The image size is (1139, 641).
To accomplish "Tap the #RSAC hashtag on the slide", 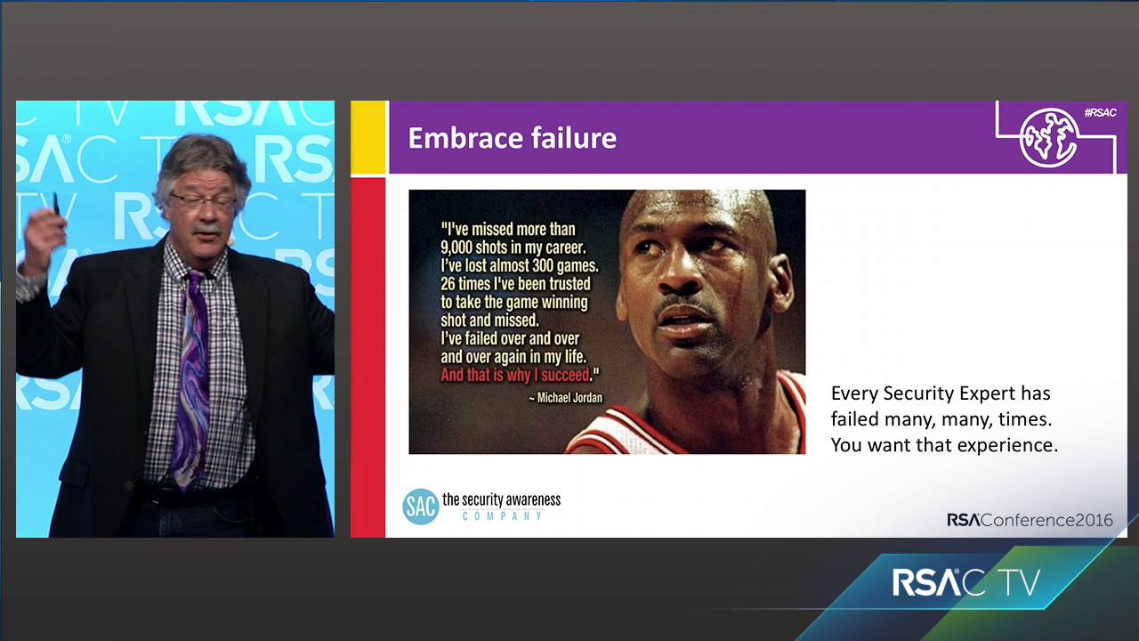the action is (x=1100, y=113).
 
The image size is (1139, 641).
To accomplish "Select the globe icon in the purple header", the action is (x=1048, y=138).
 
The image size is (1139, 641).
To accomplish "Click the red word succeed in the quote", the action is (x=564, y=376).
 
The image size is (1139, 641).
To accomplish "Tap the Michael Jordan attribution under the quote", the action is (x=565, y=398).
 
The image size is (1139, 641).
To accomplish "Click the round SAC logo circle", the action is (x=420, y=507).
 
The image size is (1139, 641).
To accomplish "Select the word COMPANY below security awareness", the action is (x=502, y=516).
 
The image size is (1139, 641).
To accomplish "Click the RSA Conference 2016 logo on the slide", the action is (x=1030, y=520).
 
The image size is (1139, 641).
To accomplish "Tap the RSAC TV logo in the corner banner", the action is (x=966, y=582).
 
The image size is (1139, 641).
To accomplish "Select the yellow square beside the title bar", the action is (x=368, y=137).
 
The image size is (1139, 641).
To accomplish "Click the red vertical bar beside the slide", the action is (x=368, y=357).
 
